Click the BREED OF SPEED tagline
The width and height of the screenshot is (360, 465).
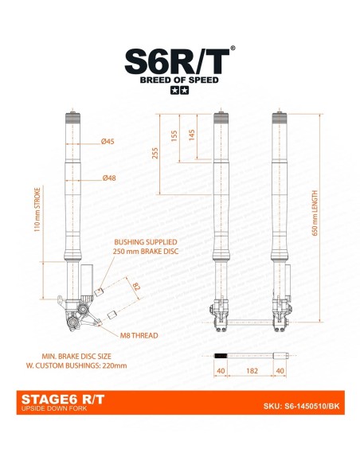[x=179, y=80]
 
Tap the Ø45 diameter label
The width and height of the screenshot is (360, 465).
[x=108, y=142]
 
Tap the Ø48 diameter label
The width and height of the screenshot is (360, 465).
[x=108, y=178]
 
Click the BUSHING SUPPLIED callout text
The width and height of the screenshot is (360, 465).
[x=146, y=241]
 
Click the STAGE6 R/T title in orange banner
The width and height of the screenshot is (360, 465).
[x=53, y=401]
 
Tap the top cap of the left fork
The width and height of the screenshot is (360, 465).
[x=72, y=117]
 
